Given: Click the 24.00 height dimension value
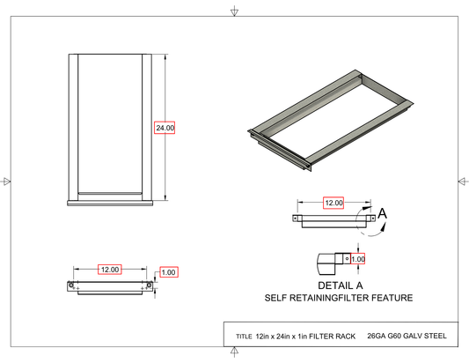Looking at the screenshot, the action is pos(165,128).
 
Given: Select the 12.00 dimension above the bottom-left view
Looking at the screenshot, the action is pos(110,270).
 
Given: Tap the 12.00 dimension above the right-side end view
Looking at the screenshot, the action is pos(333,203).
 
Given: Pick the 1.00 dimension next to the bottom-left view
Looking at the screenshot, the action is pos(169,272).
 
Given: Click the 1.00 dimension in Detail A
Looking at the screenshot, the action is pos(358,259).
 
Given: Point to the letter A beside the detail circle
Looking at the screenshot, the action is pos(383,213).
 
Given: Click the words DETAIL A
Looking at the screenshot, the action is pos(340,285).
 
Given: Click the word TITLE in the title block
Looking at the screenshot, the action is pos(244,337).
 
